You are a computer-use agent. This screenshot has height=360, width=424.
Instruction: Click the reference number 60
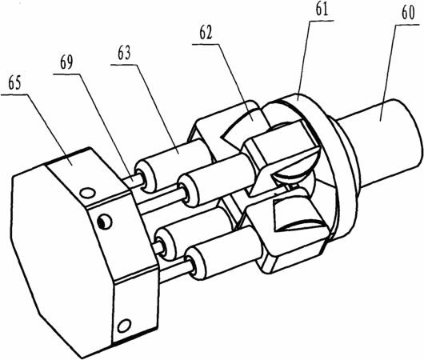tap(408, 14)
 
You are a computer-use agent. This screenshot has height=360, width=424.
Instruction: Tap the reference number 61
tap(322, 9)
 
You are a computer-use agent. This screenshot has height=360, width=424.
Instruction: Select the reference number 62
tap(206, 33)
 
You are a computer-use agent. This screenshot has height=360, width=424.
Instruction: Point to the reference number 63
tap(124, 54)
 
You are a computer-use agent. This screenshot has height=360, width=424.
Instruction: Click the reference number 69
tap(66, 62)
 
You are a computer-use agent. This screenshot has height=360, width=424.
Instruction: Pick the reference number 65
tap(14, 83)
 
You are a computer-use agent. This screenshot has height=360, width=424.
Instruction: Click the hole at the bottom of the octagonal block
tap(124, 326)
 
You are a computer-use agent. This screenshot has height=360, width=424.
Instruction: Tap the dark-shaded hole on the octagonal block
tap(104, 222)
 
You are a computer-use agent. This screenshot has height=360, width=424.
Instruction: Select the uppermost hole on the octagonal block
tap(88, 193)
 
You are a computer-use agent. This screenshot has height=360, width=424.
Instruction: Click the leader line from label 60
tap(388, 73)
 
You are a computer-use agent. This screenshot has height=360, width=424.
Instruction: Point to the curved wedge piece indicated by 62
tap(242, 122)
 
